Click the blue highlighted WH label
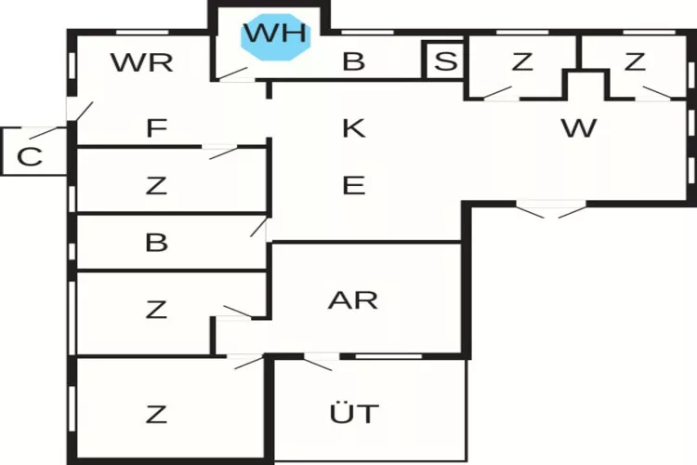tap(275, 34)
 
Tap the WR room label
tap(141, 63)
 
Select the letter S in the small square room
tap(446, 62)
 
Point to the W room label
tap(578, 128)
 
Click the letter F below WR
tap(155, 128)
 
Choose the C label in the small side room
tap(30, 156)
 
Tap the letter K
tap(353, 128)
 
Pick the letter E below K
tap(353, 185)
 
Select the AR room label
tap(353, 299)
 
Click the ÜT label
tap(354, 412)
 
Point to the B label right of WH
tap(353, 62)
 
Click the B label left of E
tap(156, 244)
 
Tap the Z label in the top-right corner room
tap(635, 62)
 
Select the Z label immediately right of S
tap(522, 62)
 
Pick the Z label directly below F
tap(155, 185)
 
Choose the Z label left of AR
tap(155, 309)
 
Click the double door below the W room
tap(552, 210)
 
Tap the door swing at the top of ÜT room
tap(319, 362)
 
